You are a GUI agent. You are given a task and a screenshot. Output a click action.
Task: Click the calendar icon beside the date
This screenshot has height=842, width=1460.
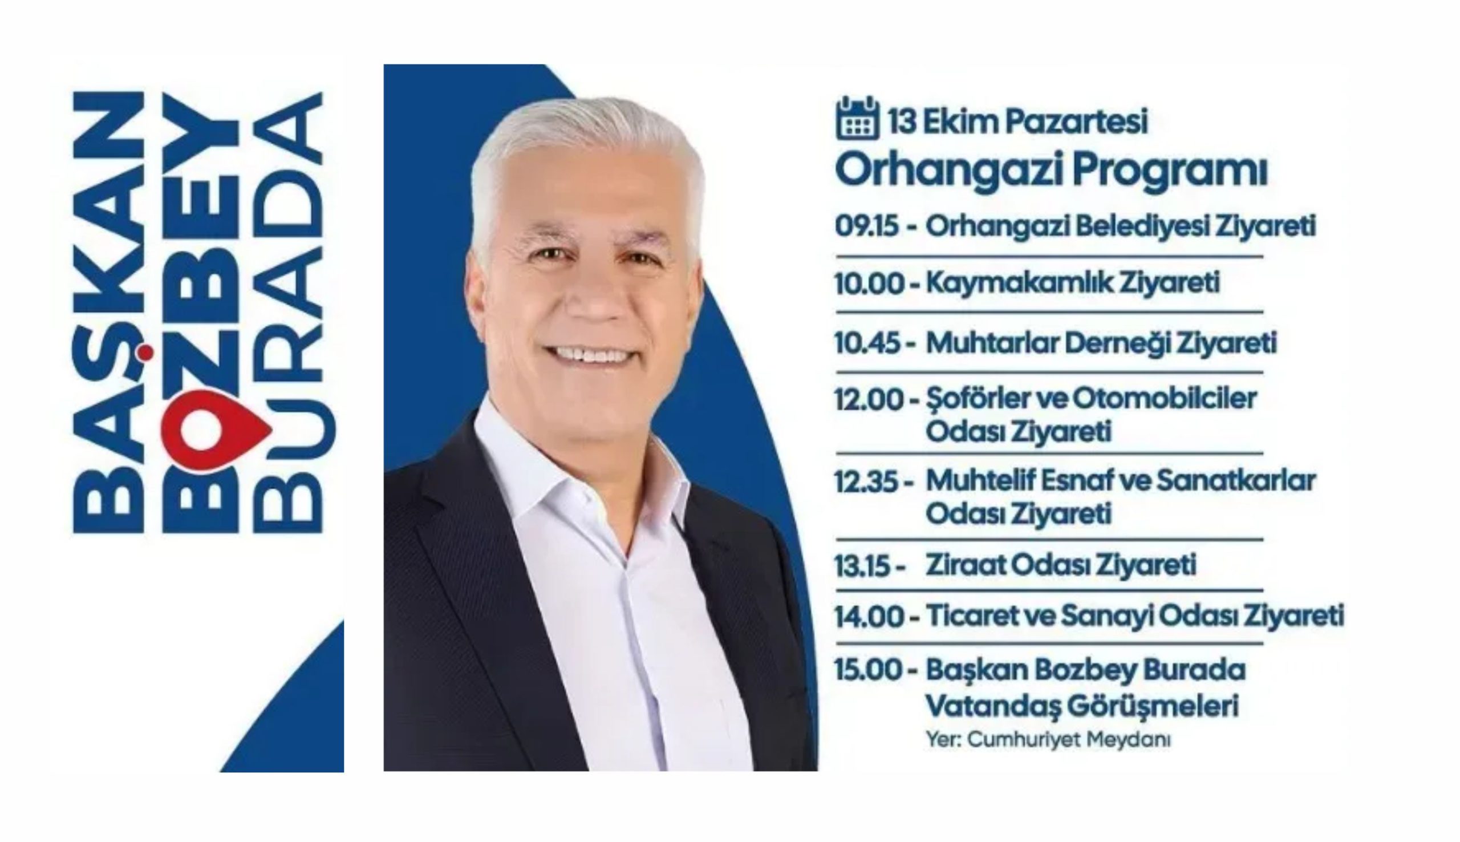pyautogui.click(x=857, y=119)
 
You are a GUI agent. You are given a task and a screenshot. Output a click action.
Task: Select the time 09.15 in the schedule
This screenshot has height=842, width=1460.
pyautogui.click(x=866, y=226)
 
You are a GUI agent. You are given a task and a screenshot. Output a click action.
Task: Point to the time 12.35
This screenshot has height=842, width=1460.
pyautogui.click(x=867, y=481)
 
